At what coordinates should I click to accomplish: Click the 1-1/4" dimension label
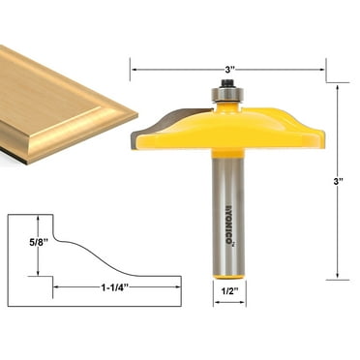point(115,287)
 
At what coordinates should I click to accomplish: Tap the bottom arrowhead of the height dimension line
point(337,276)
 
